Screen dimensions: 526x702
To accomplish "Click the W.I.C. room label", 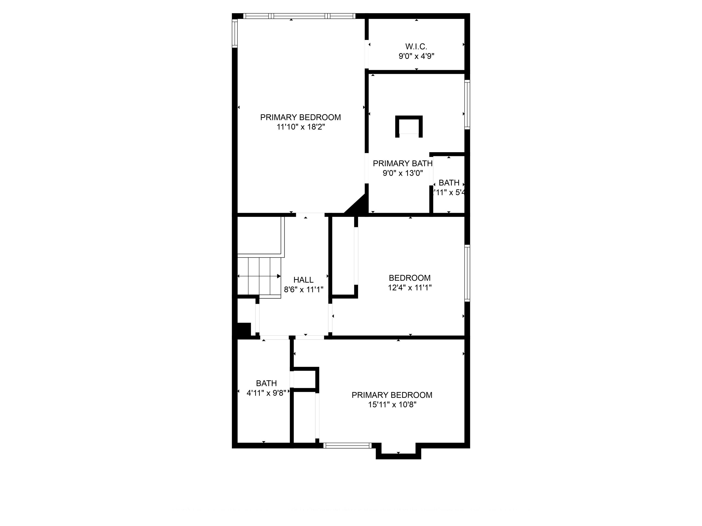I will click(x=416, y=47).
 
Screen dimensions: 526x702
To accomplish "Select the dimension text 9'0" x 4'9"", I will click(x=416, y=56).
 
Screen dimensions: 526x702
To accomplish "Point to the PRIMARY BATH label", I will click(x=402, y=164).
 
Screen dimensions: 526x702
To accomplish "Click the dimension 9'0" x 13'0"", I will click(x=402, y=173).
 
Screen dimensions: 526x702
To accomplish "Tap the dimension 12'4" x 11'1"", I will click(x=409, y=288).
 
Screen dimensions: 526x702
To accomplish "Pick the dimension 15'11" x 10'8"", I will click(x=392, y=405).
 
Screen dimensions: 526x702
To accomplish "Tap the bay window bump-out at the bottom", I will click(x=398, y=450).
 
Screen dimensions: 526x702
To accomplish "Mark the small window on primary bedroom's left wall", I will click(x=235, y=33).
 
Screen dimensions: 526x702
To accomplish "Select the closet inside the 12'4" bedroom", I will click(x=343, y=256).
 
